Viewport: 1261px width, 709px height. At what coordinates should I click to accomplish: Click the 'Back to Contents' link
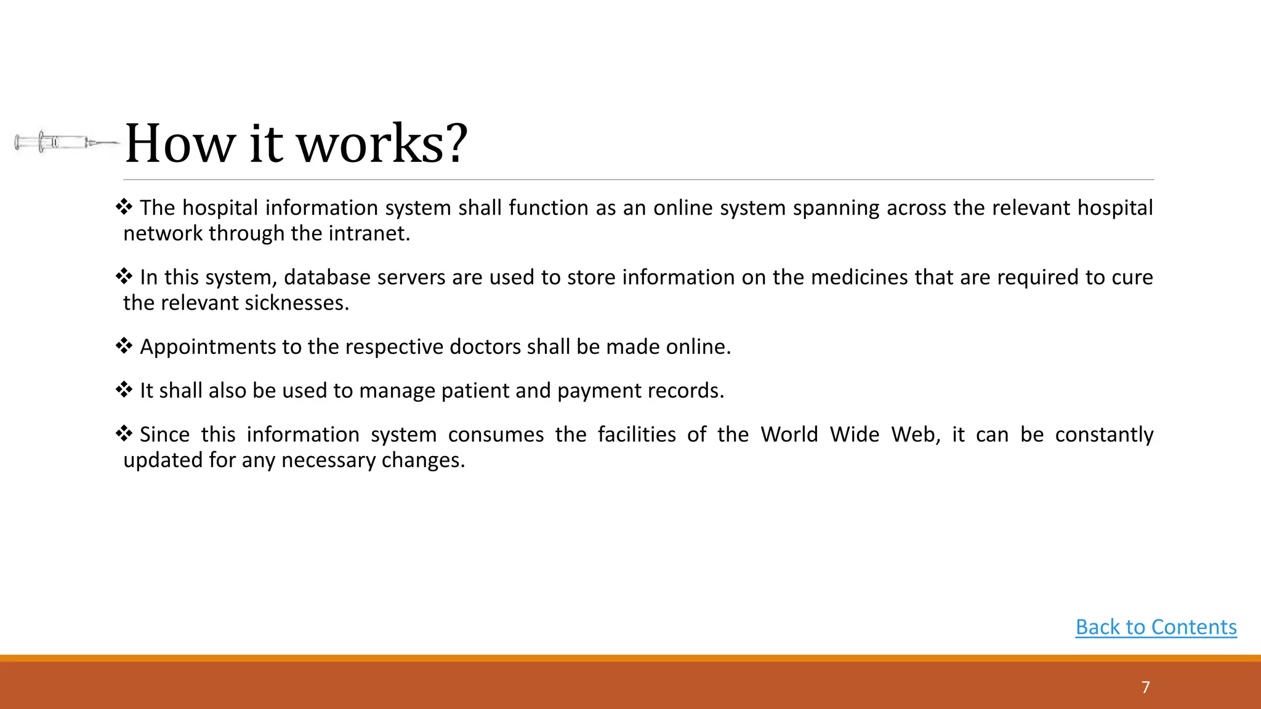point(1156,627)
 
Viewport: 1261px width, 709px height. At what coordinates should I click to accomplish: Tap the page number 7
point(1145,687)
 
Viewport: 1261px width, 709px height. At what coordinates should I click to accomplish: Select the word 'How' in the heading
point(180,144)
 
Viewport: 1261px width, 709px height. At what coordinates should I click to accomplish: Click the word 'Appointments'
point(207,348)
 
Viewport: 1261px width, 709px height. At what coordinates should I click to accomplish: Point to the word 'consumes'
point(496,435)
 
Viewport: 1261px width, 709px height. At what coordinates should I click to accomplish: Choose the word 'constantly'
point(1104,435)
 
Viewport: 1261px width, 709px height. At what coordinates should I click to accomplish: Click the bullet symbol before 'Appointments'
point(124,346)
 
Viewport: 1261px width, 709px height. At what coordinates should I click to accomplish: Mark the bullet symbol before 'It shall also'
point(124,390)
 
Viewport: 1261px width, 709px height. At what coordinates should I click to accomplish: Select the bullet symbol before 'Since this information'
point(124,434)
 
